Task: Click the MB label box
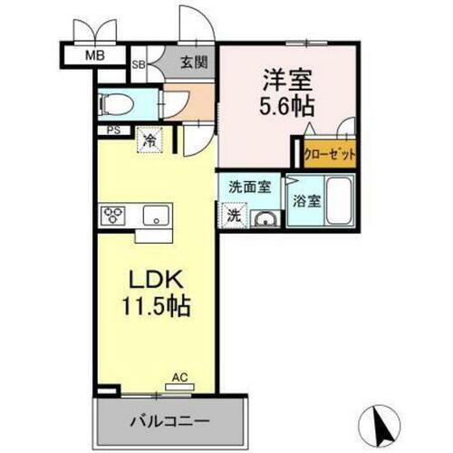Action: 93,55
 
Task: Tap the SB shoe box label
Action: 140,65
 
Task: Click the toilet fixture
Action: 113,101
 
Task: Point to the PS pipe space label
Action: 112,130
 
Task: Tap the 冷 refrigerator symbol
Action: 148,140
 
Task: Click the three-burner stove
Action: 115,216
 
